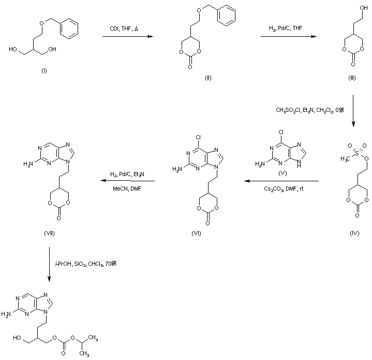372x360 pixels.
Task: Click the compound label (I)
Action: [44, 70]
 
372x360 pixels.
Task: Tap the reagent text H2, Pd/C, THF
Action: [288, 28]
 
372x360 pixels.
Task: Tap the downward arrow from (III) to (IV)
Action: [353, 111]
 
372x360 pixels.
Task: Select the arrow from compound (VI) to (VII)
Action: [127, 181]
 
